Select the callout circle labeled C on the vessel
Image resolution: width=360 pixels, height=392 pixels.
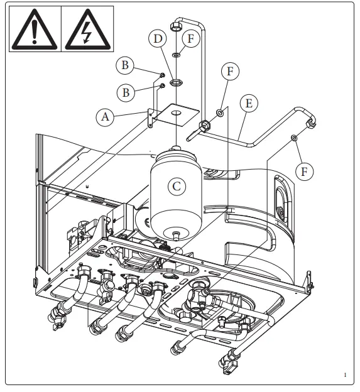178,187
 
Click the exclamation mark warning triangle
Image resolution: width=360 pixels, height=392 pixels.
33,29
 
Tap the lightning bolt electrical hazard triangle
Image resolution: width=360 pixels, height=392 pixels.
87,29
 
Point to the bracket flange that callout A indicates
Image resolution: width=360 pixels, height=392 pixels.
151,117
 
